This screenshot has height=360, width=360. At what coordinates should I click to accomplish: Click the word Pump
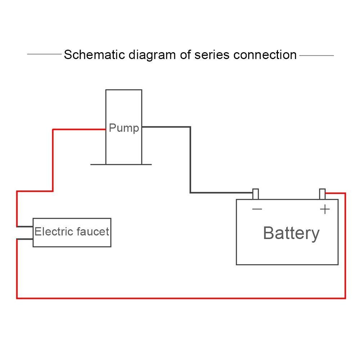pos(124,128)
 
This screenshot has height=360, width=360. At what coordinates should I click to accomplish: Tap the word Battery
pos(291,233)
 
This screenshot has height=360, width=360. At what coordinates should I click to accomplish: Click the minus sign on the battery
pos(257,209)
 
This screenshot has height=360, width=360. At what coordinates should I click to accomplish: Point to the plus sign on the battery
pos(325,209)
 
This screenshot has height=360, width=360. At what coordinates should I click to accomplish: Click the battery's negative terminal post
pos(256,194)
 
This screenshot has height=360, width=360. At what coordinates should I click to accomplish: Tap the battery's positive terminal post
pos(323,194)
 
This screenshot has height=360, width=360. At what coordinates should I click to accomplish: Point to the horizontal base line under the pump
pos(121,165)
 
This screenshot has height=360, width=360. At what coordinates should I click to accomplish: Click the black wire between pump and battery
pos(190,158)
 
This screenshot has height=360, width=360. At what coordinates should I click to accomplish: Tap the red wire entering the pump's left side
pos(79,129)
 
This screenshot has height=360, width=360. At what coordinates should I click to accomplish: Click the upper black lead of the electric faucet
pos(24,226)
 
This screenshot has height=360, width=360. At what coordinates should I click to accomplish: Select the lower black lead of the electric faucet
pos(24,238)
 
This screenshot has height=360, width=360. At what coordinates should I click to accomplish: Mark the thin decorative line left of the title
pos(44,55)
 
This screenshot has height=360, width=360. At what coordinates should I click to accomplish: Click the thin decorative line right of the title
pos(316,55)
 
